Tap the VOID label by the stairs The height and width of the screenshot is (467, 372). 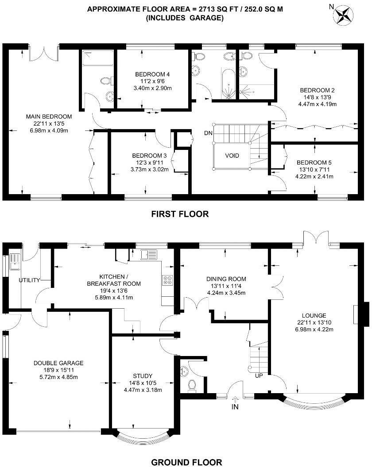[232, 156]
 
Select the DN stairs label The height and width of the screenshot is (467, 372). [208, 133]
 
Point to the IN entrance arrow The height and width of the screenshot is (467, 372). [235, 404]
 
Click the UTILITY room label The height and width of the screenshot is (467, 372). [30, 280]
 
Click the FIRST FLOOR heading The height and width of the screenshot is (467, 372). [180, 214]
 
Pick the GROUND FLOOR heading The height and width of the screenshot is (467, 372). [186, 463]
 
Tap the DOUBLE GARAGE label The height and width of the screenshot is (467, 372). [58, 363]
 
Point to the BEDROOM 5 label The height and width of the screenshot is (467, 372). [314, 162]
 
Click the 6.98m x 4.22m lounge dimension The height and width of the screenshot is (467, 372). [315, 329]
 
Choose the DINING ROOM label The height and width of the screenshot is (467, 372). [226, 279]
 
